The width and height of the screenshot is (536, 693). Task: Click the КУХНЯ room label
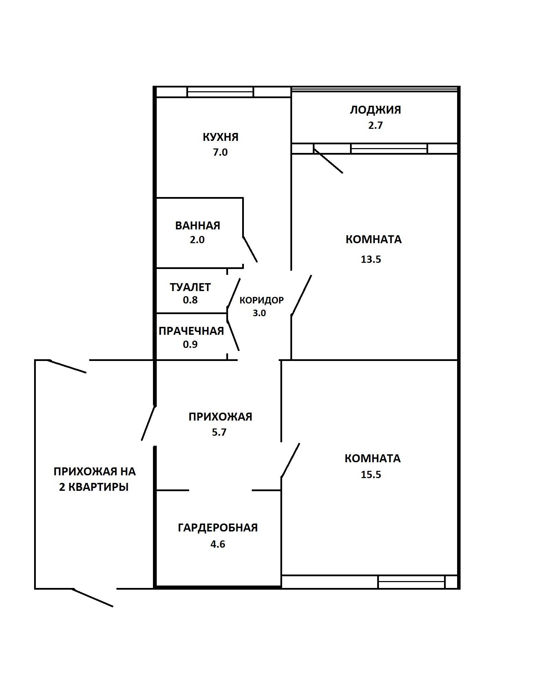[x=220, y=137]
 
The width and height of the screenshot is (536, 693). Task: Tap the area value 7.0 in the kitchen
[x=220, y=152]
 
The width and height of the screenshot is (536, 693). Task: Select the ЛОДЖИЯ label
[x=375, y=110]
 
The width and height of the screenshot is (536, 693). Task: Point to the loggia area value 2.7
[x=375, y=125]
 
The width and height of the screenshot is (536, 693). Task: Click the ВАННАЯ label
[x=198, y=226]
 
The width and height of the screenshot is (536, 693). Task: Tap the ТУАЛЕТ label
[x=190, y=287]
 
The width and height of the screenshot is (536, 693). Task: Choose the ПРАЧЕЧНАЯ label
[x=191, y=331]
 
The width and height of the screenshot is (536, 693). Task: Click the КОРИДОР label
[x=261, y=300]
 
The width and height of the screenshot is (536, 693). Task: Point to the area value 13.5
[x=371, y=259]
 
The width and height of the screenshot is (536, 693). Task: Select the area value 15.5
[x=371, y=475]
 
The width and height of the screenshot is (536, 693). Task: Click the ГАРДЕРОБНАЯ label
[x=218, y=528]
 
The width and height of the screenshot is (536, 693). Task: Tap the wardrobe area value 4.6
[x=218, y=544]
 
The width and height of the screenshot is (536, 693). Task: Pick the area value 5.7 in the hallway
[x=219, y=432]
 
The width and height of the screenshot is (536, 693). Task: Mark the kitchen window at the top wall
[x=220, y=92]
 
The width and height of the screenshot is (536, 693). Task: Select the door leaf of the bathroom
[x=250, y=249]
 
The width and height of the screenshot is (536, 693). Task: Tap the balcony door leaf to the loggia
[x=328, y=161]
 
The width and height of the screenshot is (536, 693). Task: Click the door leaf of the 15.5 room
[x=290, y=460]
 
